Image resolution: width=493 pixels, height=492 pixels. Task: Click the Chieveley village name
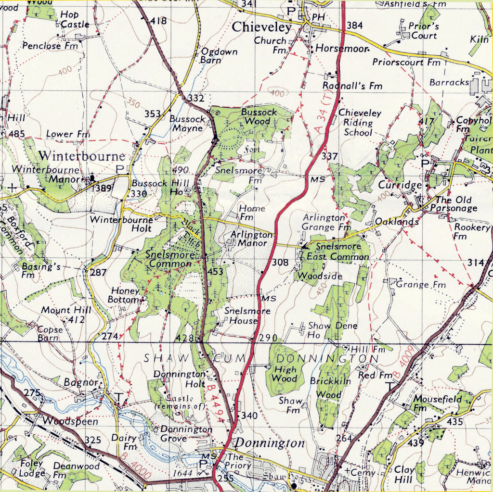tap(262, 27)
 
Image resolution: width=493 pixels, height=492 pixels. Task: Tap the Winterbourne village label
tap(82, 156)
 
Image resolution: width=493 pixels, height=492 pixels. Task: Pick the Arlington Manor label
tap(251, 239)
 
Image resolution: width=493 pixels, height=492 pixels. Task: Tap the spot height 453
tap(216, 272)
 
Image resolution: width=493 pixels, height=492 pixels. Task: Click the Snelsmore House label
tap(247, 316)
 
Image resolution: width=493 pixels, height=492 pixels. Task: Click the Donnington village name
tap(270, 443)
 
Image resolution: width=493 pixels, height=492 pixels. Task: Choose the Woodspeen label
tap(70, 421)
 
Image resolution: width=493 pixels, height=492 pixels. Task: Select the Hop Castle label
tap(75, 19)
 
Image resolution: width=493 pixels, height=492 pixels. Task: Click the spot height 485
tap(16, 134)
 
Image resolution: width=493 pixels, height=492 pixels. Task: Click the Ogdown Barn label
tap(219, 56)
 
